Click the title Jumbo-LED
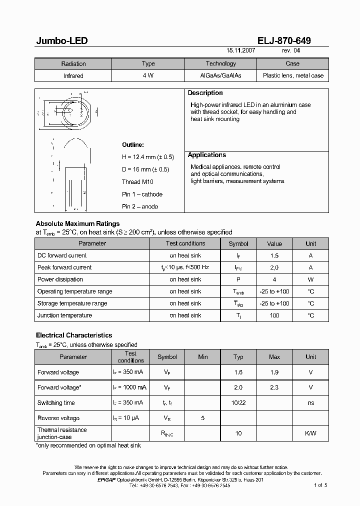pos(61,41)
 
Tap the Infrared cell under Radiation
pos(73,76)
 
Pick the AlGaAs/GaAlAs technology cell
pos(220,76)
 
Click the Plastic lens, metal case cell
pos(292,76)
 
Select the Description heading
pos(205,93)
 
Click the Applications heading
pos(206,155)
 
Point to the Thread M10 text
pos(137,182)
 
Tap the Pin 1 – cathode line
pos(142,194)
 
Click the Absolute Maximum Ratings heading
pos(77,223)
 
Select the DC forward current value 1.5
pos(274,255)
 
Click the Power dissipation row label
pos(60,279)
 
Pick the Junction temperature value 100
pos(274,315)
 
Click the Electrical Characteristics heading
pos(74,335)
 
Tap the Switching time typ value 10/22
pos(238,403)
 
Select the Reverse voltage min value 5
pos(202,418)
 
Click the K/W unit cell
pos(310,433)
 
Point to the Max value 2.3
pos(274,387)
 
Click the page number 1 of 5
pos(320,485)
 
